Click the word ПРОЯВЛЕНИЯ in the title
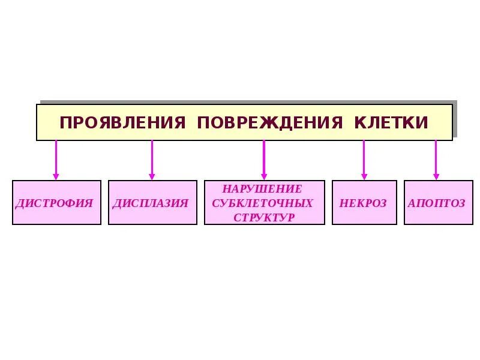122,122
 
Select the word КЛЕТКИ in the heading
391,122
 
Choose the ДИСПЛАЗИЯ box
152,203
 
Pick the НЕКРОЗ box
364,203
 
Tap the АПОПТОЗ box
436,203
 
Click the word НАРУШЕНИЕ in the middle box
265,189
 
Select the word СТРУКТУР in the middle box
264,217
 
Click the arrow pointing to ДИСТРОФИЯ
56,159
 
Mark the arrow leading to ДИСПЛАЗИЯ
152,159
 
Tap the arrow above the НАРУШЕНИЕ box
263,159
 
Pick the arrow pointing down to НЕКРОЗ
364,159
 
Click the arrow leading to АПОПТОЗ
436,159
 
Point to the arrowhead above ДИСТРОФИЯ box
56,176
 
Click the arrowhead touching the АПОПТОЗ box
436,176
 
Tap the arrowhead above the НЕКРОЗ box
364,176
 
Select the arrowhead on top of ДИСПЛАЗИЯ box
152,176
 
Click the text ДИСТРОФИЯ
55,203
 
